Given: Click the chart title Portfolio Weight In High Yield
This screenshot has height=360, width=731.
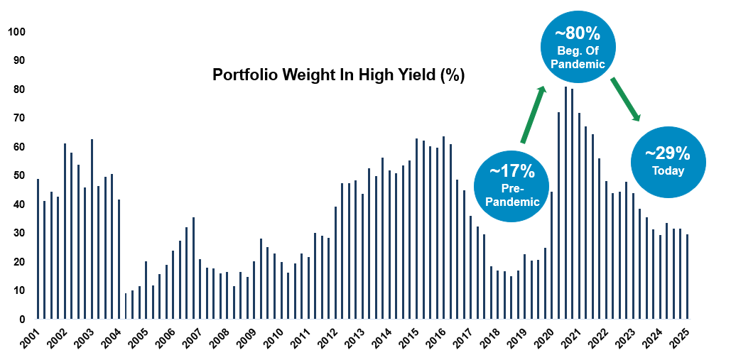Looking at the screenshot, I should (x=339, y=75).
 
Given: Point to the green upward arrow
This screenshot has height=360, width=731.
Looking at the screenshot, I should (x=534, y=114).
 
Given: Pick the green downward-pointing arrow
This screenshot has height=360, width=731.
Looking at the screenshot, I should (x=625, y=99).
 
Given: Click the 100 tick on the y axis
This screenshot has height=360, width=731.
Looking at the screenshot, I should (x=17, y=32).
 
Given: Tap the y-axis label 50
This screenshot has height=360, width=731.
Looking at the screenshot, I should (x=20, y=176).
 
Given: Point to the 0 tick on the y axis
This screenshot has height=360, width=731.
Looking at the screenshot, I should (x=23, y=320).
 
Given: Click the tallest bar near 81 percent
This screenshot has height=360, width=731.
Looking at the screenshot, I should (x=565, y=203).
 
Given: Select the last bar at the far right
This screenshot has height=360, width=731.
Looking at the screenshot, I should (x=688, y=277).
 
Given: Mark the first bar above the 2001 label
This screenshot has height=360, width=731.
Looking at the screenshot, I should (x=38, y=249).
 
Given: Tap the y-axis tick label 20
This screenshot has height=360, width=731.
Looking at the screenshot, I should (x=20, y=262).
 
